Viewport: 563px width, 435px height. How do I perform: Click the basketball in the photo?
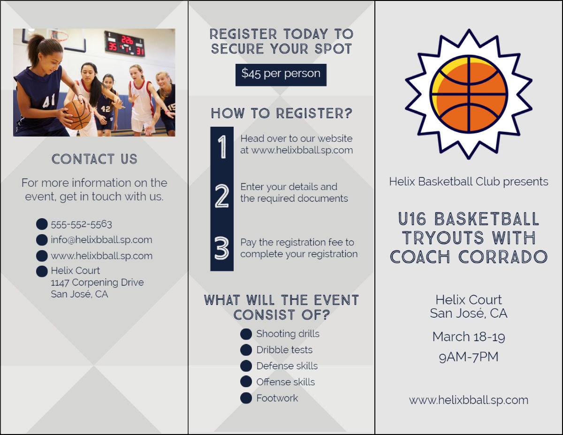pos(77,114)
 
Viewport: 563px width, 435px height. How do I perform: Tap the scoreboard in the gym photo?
pos(124,44)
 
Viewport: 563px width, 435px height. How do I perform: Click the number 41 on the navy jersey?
pos(49,100)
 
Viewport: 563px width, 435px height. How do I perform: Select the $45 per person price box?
pos(281,75)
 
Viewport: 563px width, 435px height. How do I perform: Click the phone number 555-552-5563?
pos(81,224)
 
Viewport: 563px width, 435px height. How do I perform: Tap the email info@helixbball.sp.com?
pos(101,240)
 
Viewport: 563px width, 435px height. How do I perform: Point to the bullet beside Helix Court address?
pos(42,271)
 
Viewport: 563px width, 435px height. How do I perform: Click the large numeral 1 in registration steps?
pos(222,146)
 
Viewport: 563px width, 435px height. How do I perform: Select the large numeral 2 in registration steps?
pos(222,196)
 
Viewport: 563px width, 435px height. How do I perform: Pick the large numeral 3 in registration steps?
pos(222,248)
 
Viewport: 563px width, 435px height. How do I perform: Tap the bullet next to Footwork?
pos(246,398)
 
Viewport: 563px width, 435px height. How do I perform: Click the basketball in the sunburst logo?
pos(469,94)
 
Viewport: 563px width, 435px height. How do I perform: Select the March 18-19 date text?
pos(469,337)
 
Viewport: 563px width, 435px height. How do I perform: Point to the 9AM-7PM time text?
pos(469,357)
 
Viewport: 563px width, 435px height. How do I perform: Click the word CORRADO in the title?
pos(503,257)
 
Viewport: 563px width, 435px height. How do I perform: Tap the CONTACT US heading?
pos(94,159)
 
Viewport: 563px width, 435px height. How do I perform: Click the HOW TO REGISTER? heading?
pos(281,114)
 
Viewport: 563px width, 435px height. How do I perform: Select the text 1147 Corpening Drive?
pos(97,282)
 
